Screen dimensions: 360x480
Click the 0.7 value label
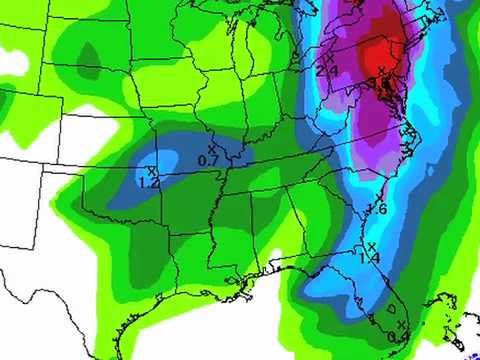coord(209,160)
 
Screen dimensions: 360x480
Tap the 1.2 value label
coord(150,182)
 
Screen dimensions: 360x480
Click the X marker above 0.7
coord(211,149)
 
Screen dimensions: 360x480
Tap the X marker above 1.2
coord(150,171)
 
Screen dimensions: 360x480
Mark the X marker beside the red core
coord(381,69)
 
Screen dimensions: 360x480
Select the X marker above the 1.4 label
coord(370,246)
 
